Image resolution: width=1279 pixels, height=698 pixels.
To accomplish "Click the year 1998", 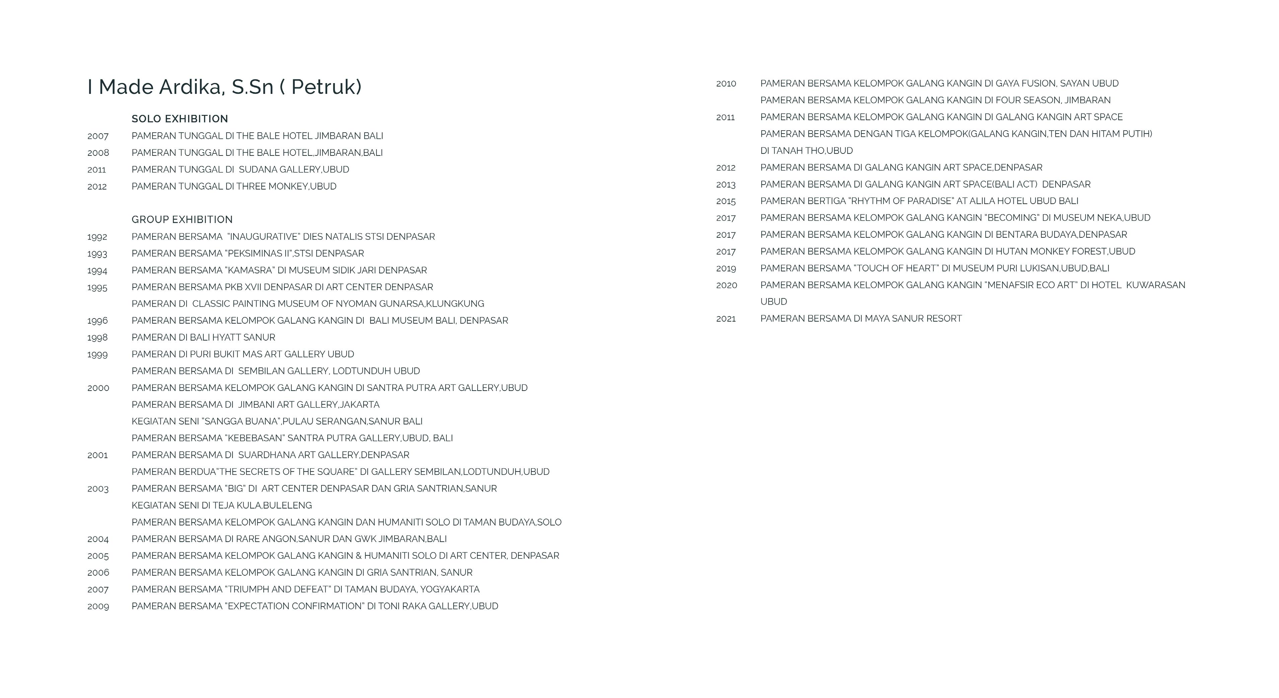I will coord(97,338).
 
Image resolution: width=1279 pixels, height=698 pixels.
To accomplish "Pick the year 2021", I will coord(725,319).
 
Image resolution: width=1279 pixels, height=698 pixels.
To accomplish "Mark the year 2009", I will coord(98,607).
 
